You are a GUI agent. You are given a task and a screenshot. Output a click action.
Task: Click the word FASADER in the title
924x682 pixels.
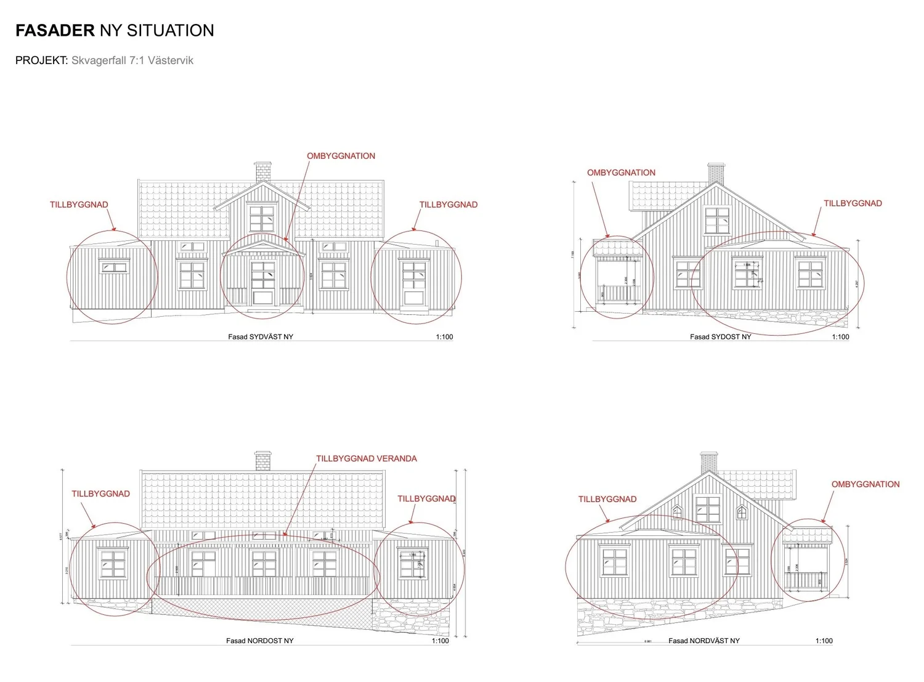(55, 31)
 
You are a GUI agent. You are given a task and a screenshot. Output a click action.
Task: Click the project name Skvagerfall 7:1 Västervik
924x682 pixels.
(132, 60)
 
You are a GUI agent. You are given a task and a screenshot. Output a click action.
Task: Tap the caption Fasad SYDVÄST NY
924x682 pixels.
(261, 337)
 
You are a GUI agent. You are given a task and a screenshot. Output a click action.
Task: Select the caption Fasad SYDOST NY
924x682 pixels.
(720, 337)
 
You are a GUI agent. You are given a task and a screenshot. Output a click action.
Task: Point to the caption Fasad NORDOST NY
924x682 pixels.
(259, 641)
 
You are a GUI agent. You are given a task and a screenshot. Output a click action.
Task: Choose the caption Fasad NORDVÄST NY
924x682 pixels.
(704, 641)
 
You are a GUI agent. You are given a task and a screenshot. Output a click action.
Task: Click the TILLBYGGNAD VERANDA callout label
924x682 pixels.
(367, 459)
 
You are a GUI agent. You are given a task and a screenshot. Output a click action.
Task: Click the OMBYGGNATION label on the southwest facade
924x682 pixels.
(341, 156)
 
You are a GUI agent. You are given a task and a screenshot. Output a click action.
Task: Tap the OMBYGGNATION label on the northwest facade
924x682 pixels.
(865, 485)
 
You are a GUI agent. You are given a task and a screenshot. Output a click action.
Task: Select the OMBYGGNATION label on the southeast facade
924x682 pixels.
(621, 173)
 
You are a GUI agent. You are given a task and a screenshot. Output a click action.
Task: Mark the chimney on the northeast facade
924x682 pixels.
(263, 461)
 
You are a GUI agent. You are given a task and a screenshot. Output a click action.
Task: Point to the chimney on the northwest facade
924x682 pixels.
(709, 462)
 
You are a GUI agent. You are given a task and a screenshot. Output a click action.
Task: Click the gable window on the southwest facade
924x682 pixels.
(262, 219)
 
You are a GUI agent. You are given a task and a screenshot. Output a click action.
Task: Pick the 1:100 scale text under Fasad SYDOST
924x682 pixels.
(840, 337)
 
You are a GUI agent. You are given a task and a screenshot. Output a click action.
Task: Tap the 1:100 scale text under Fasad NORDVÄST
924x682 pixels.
(824, 641)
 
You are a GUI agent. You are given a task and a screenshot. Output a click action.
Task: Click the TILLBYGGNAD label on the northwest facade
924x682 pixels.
(607, 500)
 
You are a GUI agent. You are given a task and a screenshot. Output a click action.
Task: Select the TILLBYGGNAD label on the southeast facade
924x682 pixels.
(853, 204)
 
